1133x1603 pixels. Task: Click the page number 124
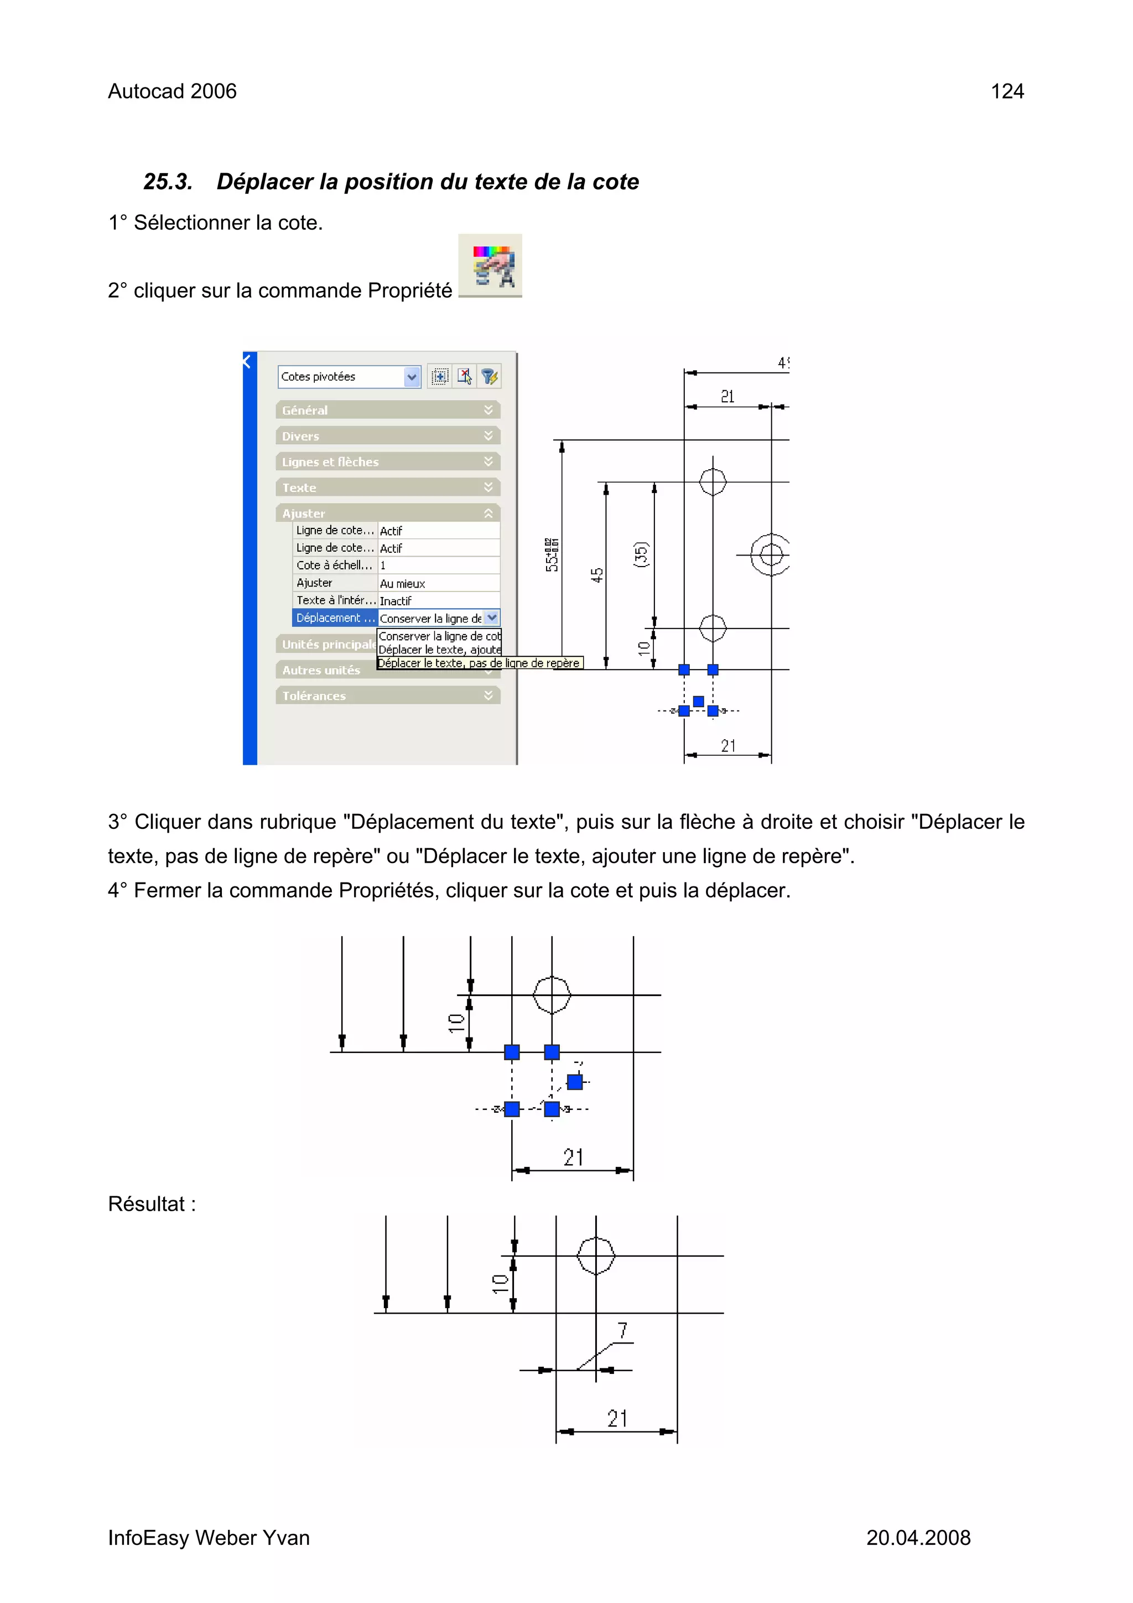(x=1007, y=91)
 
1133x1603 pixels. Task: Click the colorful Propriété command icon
(x=490, y=266)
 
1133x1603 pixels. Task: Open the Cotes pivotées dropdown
(x=412, y=377)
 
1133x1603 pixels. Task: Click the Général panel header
(x=387, y=410)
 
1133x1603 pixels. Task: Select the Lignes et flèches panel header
(x=387, y=461)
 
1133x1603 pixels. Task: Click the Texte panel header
(x=387, y=487)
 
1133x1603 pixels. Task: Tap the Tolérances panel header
(x=387, y=696)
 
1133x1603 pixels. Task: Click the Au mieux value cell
(x=438, y=583)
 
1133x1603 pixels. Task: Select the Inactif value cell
(x=438, y=600)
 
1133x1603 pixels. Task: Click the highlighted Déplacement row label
(x=334, y=618)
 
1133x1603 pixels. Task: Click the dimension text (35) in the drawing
(x=641, y=554)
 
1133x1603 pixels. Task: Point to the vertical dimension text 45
(x=597, y=575)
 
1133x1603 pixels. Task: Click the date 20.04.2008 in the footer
(x=918, y=1537)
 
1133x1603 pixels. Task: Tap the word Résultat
(x=152, y=1203)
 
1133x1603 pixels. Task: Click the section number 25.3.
(x=168, y=181)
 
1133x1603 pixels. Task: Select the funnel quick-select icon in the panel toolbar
(x=490, y=377)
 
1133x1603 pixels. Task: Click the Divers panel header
(x=387, y=435)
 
